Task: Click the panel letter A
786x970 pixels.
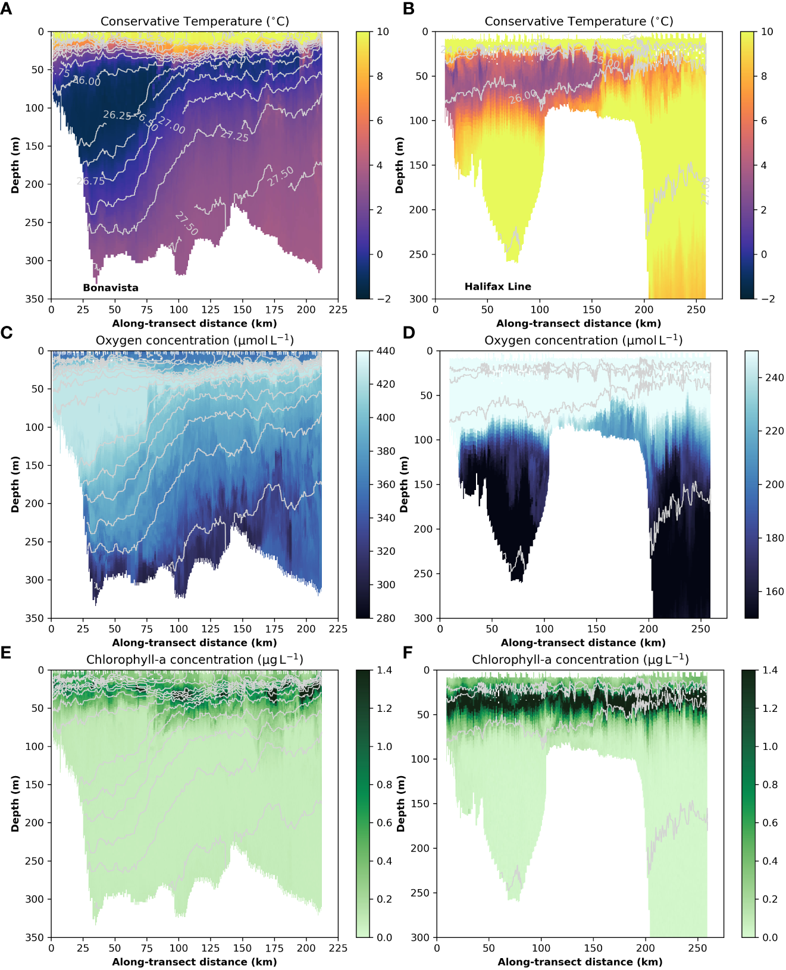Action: (x=6, y=9)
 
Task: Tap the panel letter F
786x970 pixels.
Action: (x=408, y=653)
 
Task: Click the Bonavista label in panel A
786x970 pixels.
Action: (x=111, y=288)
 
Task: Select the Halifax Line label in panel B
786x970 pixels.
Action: (x=498, y=287)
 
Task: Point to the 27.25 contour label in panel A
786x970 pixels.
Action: (x=234, y=136)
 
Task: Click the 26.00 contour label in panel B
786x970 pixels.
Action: (x=523, y=97)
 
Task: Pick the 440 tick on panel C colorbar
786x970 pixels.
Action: (x=386, y=351)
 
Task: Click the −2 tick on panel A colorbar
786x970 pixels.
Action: (x=384, y=299)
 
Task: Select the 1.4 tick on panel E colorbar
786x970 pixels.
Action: (x=384, y=670)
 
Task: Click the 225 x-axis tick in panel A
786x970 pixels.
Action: (x=338, y=310)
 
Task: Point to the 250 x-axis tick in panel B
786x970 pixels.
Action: (x=696, y=310)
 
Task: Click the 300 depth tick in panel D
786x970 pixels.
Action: (x=424, y=619)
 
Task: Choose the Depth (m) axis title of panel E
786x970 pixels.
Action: (x=15, y=803)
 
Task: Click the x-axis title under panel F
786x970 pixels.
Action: (x=580, y=962)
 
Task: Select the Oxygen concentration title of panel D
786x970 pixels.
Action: (x=583, y=340)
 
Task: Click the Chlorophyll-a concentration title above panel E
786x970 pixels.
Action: (x=195, y=660)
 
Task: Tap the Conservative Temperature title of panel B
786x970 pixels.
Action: (x=579, y=21)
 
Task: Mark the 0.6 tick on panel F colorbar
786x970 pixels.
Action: (x=770, y=823)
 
